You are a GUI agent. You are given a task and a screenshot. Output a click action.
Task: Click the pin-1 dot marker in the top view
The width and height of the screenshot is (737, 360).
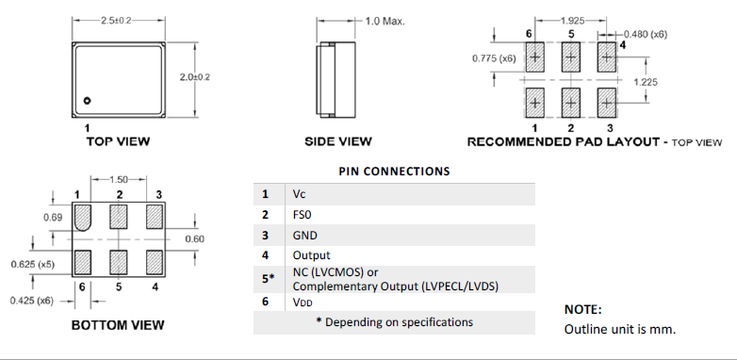(86, 100)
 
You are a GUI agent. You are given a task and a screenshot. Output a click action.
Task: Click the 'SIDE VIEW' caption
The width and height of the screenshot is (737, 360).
(338, 141)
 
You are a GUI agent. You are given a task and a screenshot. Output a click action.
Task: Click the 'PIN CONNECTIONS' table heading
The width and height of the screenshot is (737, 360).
(394, 172)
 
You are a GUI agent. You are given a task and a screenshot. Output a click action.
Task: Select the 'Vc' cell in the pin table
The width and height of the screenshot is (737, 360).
(301, 194)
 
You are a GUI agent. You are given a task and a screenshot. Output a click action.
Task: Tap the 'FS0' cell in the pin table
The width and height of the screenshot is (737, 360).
(303, 215)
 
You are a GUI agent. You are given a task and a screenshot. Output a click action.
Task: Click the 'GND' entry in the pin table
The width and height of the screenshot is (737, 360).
(304, 235)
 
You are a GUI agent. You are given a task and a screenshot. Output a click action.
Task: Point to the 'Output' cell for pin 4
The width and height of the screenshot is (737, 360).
(311, 255)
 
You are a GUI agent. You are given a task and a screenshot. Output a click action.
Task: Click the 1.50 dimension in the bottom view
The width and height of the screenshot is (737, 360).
(120, 179)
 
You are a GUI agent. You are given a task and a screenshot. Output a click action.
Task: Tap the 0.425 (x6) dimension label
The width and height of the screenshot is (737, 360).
(31, 302)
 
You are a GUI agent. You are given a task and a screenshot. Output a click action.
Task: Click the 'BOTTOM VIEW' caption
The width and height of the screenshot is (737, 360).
(118, 325)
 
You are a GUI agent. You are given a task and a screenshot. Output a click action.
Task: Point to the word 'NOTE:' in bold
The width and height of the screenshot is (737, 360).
(582, 309)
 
